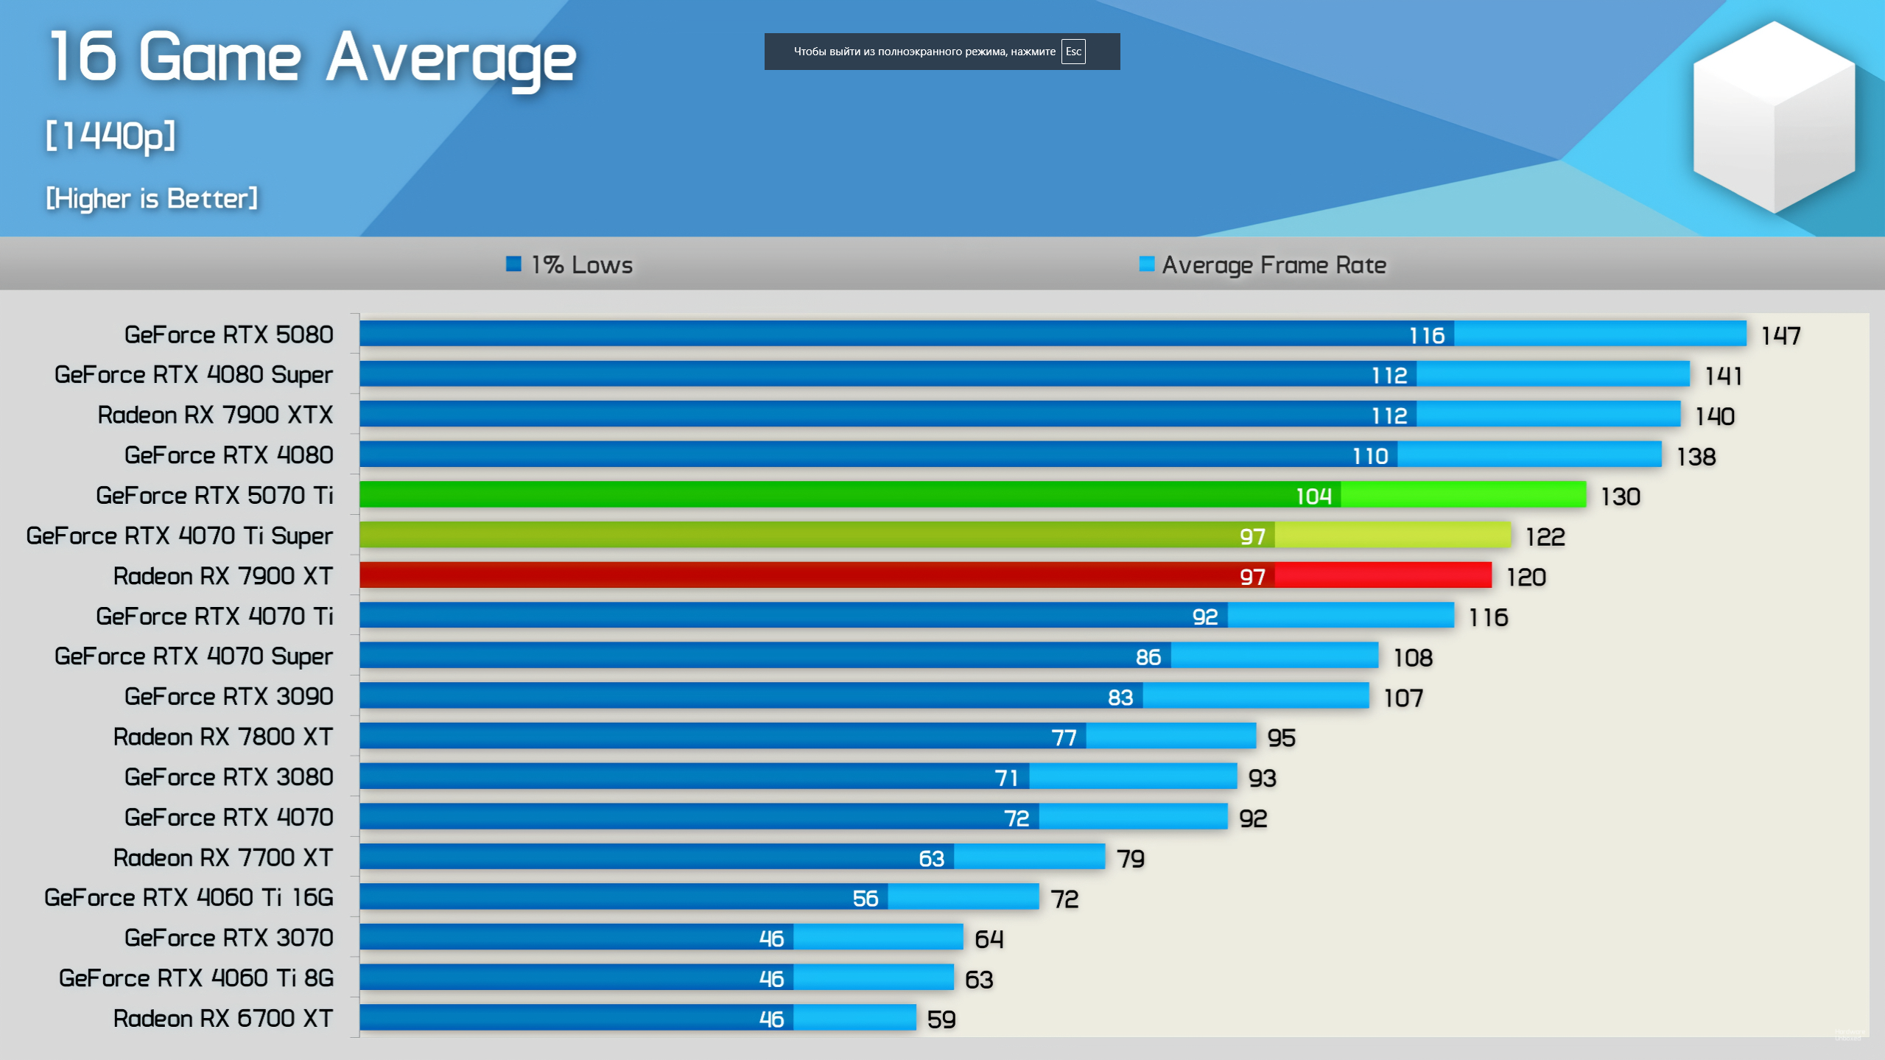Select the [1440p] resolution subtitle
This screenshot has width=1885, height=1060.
(110, 136)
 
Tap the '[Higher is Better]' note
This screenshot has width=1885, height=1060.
(152, 198)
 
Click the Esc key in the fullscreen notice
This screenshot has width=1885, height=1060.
(1073, 52)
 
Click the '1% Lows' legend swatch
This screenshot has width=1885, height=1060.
(513, 264)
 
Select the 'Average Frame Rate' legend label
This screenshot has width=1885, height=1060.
(1274, 265)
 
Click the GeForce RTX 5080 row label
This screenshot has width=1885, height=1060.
(228, 334)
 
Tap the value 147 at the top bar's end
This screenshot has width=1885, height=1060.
(1780, 336)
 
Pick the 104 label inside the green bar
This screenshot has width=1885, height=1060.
(1313, 496)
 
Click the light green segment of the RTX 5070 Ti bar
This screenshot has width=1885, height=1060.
(1463, 495)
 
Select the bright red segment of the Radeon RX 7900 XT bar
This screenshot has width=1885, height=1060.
(1383, 575)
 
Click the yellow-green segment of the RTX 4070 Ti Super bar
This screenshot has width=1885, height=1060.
(1392, 536)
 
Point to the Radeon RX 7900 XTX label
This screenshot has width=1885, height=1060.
(215, 415)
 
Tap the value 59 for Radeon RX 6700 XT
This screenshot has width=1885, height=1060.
(941, 1019)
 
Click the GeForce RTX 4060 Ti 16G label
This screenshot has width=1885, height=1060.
(189, 897)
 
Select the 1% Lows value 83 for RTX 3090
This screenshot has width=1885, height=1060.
(1120, 698)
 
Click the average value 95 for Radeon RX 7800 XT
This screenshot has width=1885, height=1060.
(1281, 737)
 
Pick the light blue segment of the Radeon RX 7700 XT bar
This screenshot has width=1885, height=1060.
(1029, 857)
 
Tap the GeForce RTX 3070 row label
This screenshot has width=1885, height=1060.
(228, 938)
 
